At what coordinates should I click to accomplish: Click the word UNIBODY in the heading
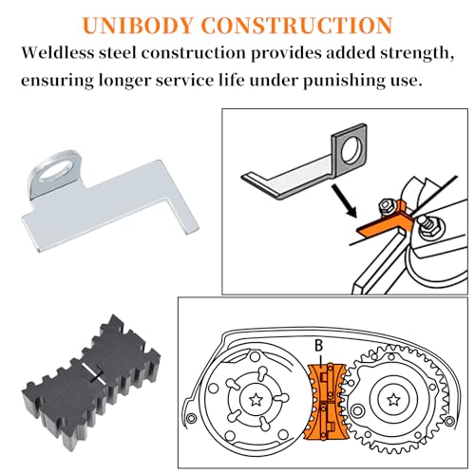point(138,26)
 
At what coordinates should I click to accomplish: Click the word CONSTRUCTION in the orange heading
point(296,26)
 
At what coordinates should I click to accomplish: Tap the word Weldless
point(58,52)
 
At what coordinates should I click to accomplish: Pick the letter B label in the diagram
point(318,346)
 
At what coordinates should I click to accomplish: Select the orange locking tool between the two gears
point(326,402)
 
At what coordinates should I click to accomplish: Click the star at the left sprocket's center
point(256,400)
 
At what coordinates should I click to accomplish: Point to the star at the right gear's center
point(393,399)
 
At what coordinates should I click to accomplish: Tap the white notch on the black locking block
point(93,372)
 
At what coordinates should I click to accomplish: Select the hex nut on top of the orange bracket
point(387,206)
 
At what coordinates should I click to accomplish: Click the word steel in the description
point(118,52)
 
